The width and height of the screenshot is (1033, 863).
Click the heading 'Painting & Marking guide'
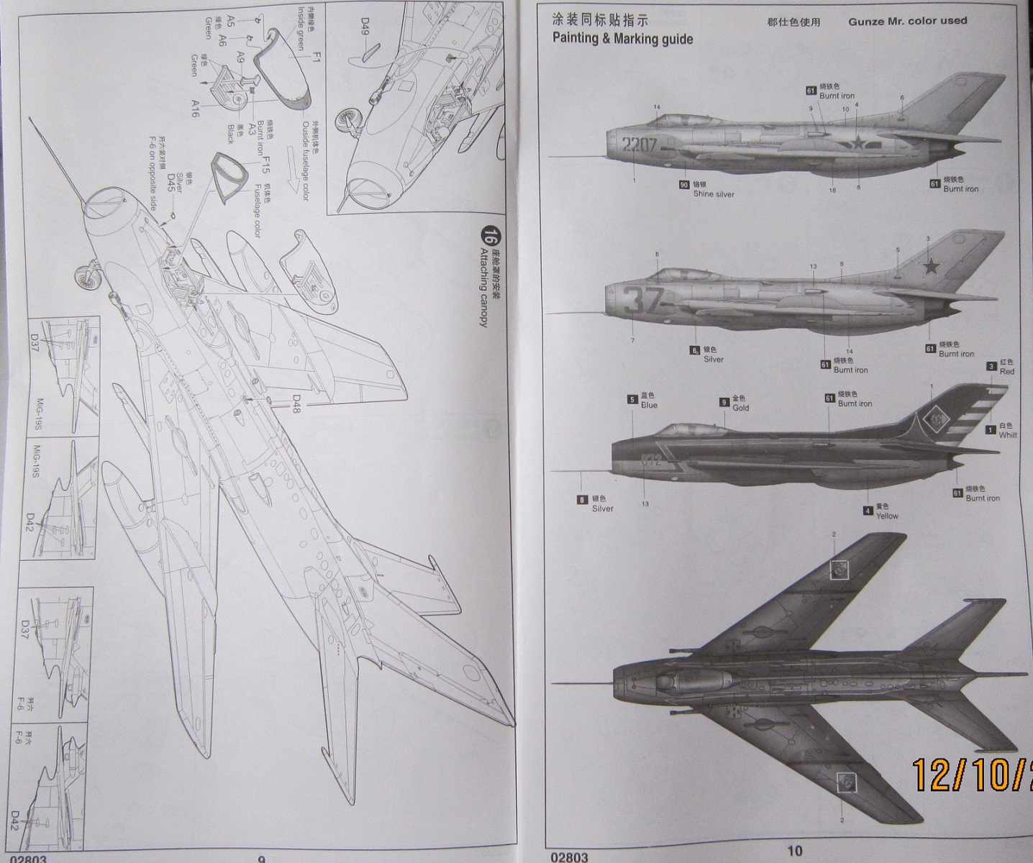(x=622, y=38)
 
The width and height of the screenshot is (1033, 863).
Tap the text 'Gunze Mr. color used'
(x=907, y=21)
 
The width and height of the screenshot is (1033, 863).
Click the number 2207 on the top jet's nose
(x=640, y=145)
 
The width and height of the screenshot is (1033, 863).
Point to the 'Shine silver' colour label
(x=714, y=193)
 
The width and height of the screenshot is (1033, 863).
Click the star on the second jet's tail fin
(x=932, y=267)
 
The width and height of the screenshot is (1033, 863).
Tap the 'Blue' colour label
(x=650, y=405)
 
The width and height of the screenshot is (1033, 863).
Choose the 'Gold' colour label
(x=740, y=407)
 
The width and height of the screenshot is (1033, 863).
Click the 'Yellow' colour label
(x=887, y=516)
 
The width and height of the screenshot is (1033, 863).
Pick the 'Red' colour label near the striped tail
(x=1007, y=371)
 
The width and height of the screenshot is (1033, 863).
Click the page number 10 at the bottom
(x=794, y=851)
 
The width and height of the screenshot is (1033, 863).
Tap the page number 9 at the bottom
(x=262, y=858)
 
